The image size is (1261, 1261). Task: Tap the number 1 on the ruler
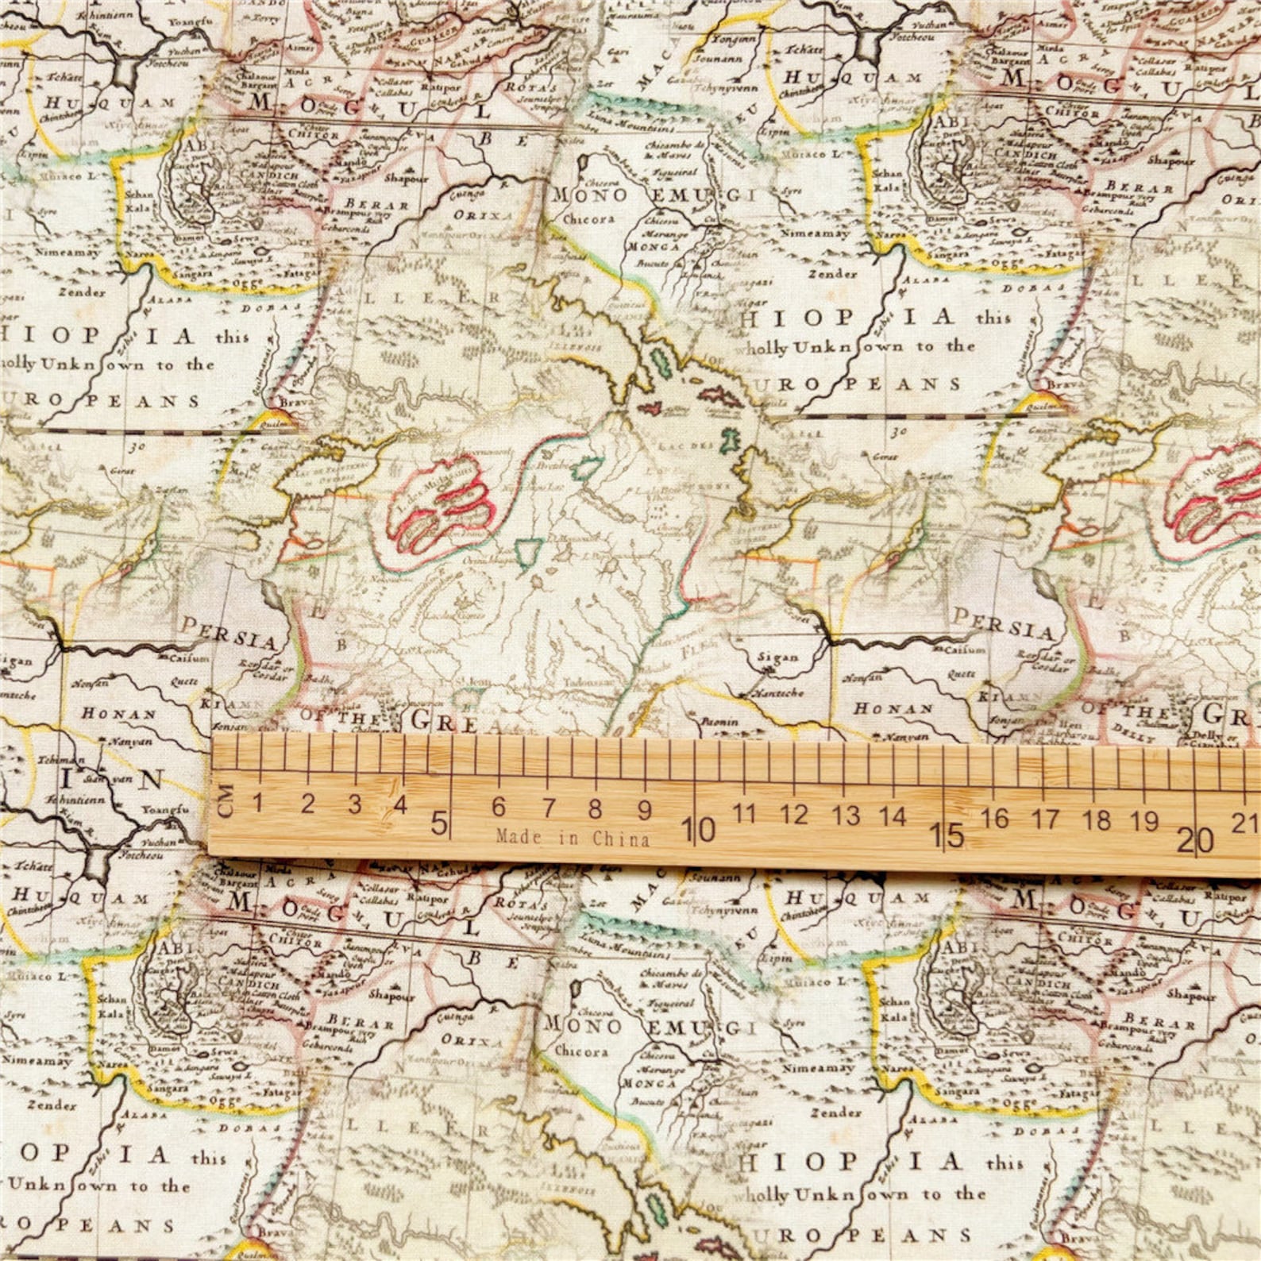click(x=258, y=802)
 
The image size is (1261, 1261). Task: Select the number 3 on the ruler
click(x=354, y=804)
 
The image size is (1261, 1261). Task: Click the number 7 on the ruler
click(x=549, y=808)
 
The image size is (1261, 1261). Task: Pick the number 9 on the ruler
click(x=644, y=809)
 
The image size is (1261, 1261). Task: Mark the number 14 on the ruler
click(x=893, y=816)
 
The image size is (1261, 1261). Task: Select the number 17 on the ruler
click(x=1046, y=819)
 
